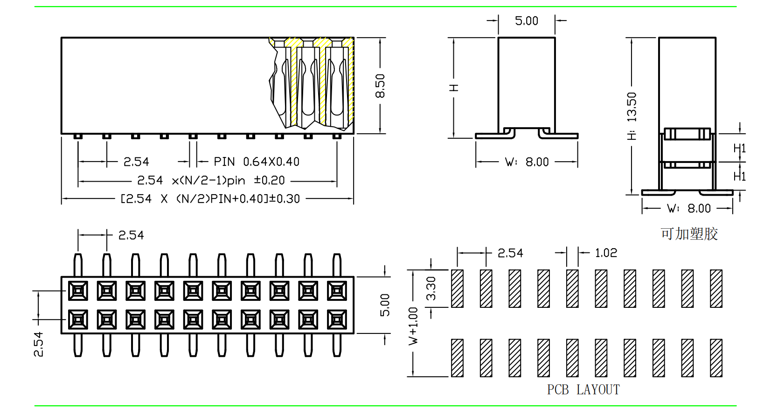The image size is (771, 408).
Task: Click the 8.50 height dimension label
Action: coord(380,86)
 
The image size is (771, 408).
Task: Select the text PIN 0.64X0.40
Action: coord(257,162)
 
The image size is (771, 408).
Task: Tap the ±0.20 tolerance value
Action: coord(269,180)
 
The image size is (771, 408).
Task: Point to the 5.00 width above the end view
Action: coord(526,21)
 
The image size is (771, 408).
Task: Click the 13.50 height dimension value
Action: coord(632,107)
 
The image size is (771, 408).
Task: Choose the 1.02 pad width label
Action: coord(606,253)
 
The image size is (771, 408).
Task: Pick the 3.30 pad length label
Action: coord(431,288)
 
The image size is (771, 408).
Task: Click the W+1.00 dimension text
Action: coord(413,326)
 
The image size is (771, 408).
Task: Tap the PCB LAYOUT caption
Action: coord(583,389)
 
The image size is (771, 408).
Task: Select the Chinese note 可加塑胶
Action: coord(689,234)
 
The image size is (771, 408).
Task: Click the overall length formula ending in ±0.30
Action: coord(210,199)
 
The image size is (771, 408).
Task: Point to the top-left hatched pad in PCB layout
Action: coord(457,288)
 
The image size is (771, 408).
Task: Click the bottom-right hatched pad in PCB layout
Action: coord(716,358)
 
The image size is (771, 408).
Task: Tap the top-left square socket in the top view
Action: coord(78,291)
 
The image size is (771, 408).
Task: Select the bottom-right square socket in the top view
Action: coord(337,320)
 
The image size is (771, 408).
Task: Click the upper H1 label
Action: coord(739,149)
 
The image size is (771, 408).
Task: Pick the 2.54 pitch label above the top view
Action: coord(131,235)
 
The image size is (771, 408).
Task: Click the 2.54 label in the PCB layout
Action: coord(510,253)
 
